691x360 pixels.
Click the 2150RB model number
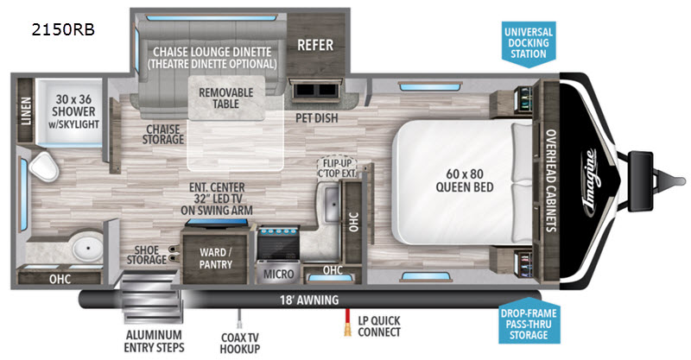[x=63, y=29]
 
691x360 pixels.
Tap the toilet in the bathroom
[x=44, y=166]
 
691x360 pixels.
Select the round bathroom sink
[x=88, y=249]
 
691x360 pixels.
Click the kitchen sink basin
[x=332, y=204]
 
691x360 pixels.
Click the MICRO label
[x=278, y=274]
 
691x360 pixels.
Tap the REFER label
[x=315, y=45]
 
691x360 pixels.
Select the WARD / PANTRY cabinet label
[x=215, y=258]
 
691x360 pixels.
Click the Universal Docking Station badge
[x=529, y=44]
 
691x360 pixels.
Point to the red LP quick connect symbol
[x=348, y=323]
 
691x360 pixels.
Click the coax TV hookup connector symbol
[x=240, y=319]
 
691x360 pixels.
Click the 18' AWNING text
[x=309, y=300]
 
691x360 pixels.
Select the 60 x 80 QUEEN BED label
[x=465, y=180]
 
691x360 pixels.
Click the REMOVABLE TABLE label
[x=226, y=98]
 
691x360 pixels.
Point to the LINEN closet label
[x=26, y=111]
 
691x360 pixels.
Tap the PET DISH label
[x=317, y=118]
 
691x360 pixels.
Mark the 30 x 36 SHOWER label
[x=73, y=111]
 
